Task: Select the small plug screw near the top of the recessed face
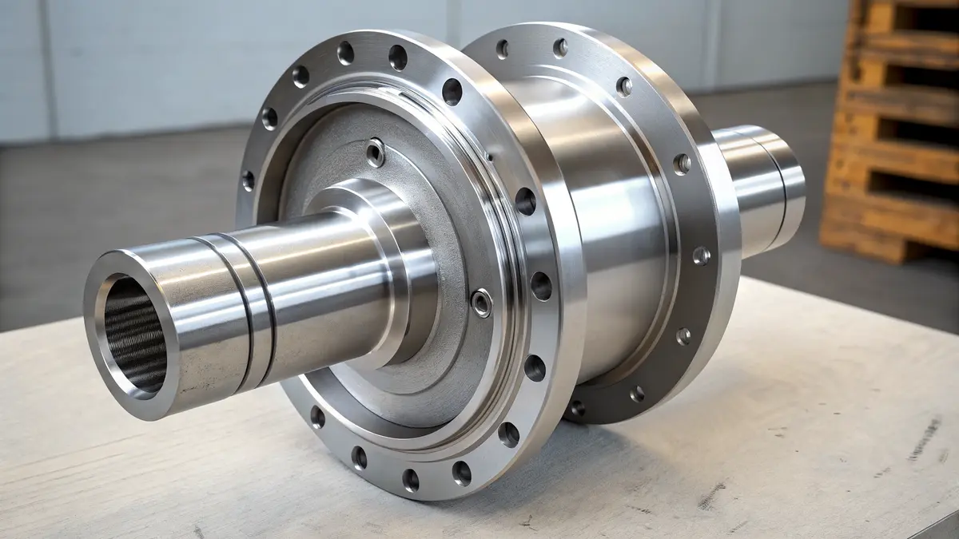coord(375,153)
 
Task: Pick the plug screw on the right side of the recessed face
coord(481,303)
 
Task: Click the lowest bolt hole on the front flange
coord(410,479)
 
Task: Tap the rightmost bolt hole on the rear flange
coord(701,256)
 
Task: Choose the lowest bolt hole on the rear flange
coord(576,408)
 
